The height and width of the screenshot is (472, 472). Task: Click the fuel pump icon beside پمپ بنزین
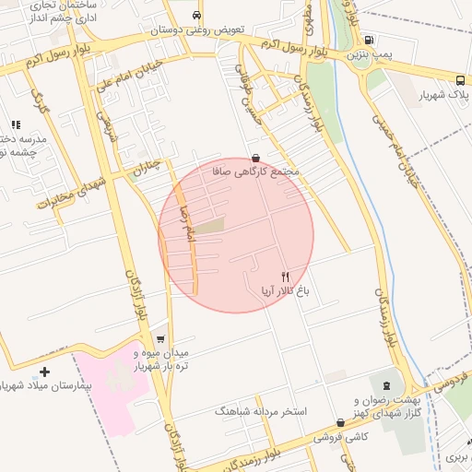click(x=370, y=40)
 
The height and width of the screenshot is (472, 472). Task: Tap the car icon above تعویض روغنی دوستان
click(x=197, y=16)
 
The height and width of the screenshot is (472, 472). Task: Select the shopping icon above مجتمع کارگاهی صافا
click(x=255, y=158)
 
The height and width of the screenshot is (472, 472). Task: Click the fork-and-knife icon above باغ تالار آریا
click(x=285, y=277)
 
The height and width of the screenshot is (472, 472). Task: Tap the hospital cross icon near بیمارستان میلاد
click(x=45, y=372)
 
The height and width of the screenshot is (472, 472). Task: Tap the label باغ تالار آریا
click(x=286, y=291)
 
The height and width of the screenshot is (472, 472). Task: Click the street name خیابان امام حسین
click(x=397, y=153)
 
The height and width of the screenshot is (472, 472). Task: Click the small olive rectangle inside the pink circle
click(x=209, y=225)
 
